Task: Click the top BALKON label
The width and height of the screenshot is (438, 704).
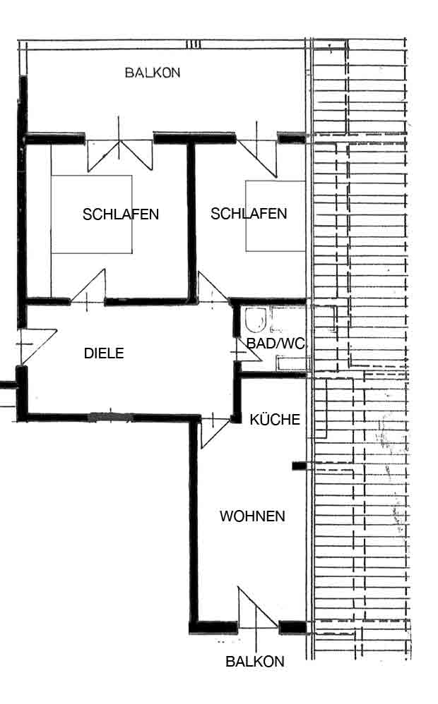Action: [x=153, y=73]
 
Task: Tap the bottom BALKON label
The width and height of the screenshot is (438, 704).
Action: [x=255, y=662]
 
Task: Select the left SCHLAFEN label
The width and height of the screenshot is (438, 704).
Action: [x=121, y=214]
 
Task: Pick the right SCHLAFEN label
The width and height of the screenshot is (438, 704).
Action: [x=249, y=213]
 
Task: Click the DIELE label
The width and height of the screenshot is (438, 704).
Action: [x=104, y=353]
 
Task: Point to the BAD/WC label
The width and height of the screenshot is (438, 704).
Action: [x=276, y=344]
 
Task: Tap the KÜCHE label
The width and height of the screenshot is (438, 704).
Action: [x=275, y=419]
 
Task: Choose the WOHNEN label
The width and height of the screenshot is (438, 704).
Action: [x=252, y=516]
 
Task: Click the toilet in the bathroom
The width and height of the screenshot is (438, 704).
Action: [x=256, y=320]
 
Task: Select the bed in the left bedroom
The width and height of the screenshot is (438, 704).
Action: [x=92, y=214]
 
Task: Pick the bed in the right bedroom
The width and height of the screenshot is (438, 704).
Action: [x=276, y=216]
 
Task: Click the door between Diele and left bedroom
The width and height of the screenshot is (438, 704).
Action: [x=88, y=288]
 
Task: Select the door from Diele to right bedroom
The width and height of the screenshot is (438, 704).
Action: [x=213, y=288]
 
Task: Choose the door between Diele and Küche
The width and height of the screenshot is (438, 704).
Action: [x=215, y=430]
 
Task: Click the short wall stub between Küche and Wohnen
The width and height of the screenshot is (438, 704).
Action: [x=299, y=466]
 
